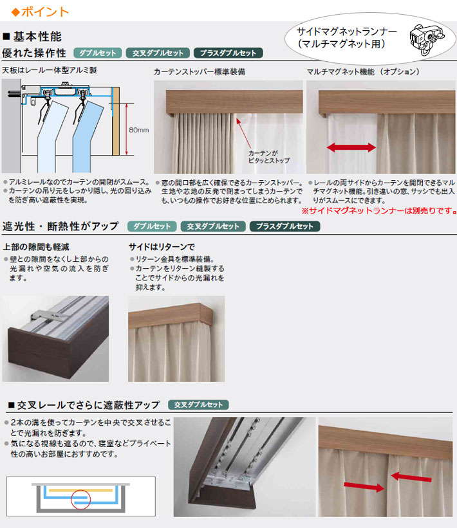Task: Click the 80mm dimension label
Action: [138, 130]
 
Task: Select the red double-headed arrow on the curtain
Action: [351, 148]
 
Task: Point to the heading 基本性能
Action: [36, 36]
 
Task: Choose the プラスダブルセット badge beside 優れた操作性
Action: [228, 53]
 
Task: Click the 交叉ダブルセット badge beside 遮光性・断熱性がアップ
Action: [212, 226]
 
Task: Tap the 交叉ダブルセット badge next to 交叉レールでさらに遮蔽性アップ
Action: [198, 405]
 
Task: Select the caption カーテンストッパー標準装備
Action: [199, 73]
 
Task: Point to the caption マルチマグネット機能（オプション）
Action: [363, 72]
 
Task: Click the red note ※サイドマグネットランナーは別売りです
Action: [379, 210]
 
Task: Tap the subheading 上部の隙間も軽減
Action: [36, 246]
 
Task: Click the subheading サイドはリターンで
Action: [161, 246]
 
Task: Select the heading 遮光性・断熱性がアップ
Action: [61, 226]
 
